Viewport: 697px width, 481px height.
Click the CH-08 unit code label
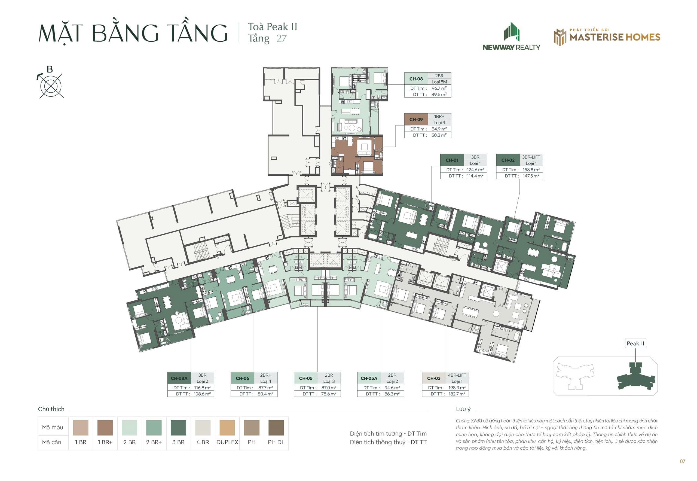point(416,79)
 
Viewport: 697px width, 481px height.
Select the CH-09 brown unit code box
point(416,119)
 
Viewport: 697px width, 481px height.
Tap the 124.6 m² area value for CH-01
point(475,170)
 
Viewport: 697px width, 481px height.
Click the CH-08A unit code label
point(179,378)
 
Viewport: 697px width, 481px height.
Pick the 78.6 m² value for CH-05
point(328,394)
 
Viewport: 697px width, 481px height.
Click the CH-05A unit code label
point(369,378)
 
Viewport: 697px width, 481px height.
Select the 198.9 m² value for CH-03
point(457,388)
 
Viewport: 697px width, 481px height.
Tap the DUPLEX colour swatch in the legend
point(227,428)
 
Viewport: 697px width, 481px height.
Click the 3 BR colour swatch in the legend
point(178,428)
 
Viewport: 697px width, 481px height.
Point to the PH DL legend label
point(276,442)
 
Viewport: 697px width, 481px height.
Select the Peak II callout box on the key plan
point(635,343)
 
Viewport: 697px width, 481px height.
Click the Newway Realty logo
point(511,36)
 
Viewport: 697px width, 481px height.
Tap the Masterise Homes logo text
point(615,37)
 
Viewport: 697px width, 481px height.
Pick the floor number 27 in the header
point(282,39)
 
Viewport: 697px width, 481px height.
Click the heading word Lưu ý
point(463,409)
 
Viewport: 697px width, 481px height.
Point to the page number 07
point(682,461)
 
